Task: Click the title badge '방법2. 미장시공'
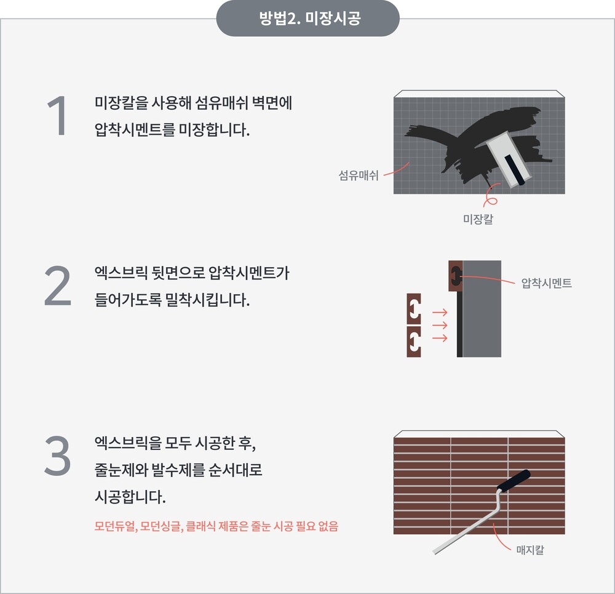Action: coord(308,18)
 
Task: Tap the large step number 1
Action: coord(58,116)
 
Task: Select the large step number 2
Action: coord(58,286)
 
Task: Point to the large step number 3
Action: coord(57,456)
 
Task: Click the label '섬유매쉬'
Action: coord(359,175)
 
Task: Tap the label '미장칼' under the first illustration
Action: coord(478,219)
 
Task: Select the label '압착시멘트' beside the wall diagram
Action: coord(546,283)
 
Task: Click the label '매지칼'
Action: coord(530,550)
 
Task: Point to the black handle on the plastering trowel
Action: coord(514,170)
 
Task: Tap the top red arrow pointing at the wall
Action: coord(440,313)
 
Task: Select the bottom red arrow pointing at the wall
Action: coord(440,338)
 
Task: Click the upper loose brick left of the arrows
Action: coord(414,308)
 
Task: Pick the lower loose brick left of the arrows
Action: coord(414,342)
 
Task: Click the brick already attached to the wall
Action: coord(455,276)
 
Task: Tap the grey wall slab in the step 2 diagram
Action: coord(482,308)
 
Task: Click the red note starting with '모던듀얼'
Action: coord(216,526)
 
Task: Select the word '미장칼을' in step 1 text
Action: coord(121,103)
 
